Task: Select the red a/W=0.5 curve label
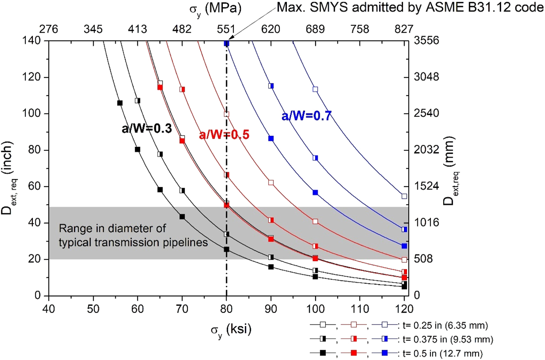224,135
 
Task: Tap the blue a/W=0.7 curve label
306,116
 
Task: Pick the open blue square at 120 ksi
404,196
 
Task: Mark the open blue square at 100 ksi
315,89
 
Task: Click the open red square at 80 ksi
227,114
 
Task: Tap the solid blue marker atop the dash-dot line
227,43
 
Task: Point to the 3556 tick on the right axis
422,41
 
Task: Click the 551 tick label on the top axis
226,29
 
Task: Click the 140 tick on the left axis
33,41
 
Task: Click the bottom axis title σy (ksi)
226,327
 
